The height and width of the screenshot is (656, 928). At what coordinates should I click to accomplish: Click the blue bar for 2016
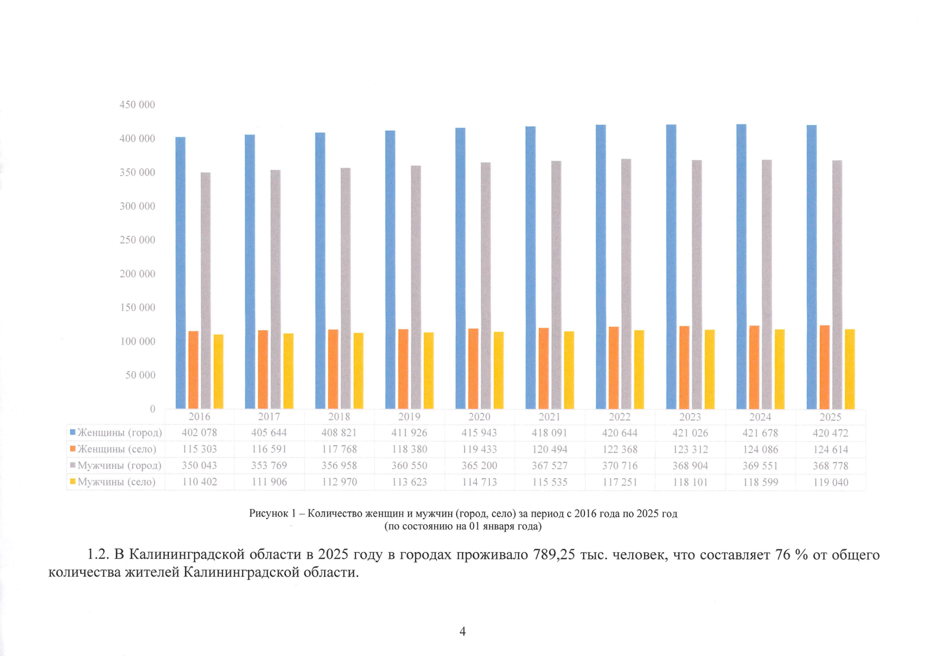(180, 273)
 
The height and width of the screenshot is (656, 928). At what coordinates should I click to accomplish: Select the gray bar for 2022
(626, 284)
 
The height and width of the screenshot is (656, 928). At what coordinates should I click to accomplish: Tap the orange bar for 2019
(403, 370)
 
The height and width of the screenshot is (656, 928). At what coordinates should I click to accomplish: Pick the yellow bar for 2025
(850, 370)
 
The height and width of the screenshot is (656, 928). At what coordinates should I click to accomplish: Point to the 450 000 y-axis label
(137, 105)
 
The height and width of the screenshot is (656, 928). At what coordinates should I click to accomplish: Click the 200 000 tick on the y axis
(137, 274)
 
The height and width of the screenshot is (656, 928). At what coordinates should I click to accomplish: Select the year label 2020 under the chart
(480, 417)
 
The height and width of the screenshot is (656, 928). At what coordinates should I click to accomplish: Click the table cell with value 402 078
(199, 433)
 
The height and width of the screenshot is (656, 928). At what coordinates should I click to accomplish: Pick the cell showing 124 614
(831, 449)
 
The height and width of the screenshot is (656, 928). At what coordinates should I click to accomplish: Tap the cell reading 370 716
(620, 466)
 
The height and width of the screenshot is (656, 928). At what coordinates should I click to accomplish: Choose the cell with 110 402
(199, 482)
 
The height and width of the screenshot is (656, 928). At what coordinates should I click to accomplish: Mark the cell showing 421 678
(760, 433)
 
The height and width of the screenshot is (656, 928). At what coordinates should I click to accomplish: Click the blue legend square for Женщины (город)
(73, 432)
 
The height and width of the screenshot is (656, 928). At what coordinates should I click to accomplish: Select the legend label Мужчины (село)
(117, 482)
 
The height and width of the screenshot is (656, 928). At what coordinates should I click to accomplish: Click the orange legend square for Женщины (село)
(73, 448)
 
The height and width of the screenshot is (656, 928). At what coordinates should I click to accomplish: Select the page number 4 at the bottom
(463, 631)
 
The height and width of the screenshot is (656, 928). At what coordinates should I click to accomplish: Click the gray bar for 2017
(276, 290)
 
